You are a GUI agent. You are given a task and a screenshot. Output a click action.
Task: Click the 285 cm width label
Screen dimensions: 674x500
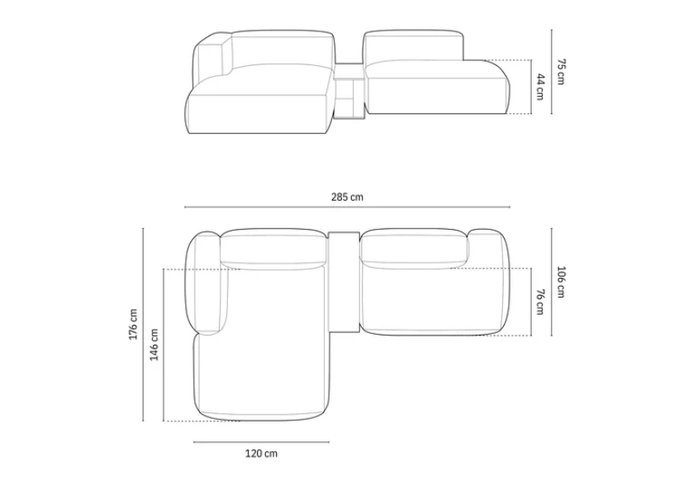click(347, 197)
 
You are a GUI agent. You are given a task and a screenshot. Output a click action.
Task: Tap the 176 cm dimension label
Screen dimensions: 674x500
click(133, 324)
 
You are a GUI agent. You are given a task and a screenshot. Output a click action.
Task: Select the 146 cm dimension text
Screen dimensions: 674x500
click(154, 345)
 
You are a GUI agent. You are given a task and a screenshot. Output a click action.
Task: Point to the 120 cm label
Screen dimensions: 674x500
click(261, 453)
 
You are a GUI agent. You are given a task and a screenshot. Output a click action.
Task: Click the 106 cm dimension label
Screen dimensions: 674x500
click(561, 282)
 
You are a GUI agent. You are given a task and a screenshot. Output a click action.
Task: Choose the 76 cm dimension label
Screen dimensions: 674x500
click(540, 302)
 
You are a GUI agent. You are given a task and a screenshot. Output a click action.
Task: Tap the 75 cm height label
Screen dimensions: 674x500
click(561, 72)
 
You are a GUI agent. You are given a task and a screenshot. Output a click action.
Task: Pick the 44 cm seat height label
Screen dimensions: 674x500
click(540, 87)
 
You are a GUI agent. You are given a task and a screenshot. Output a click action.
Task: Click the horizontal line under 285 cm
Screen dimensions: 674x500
click(347, 207)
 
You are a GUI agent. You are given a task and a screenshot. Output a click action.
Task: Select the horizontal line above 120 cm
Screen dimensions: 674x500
click(261, 441)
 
